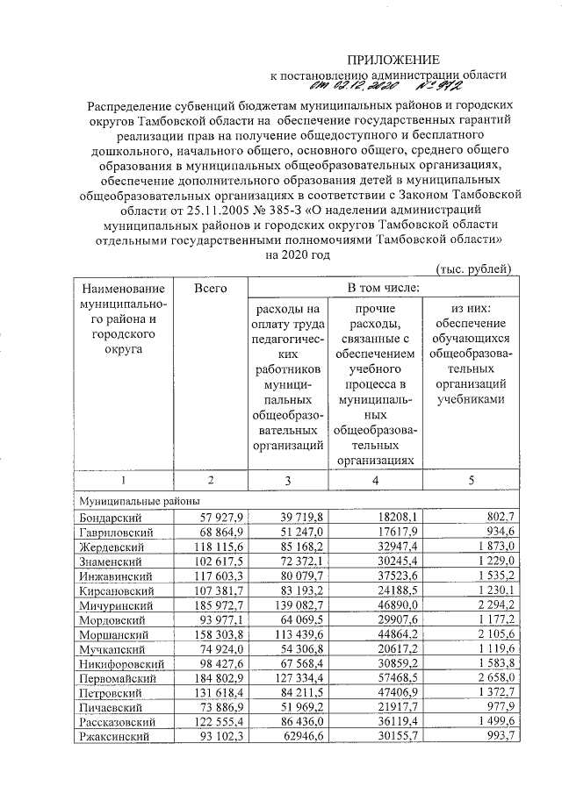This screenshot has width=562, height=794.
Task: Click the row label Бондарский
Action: [x=104, y=518]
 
